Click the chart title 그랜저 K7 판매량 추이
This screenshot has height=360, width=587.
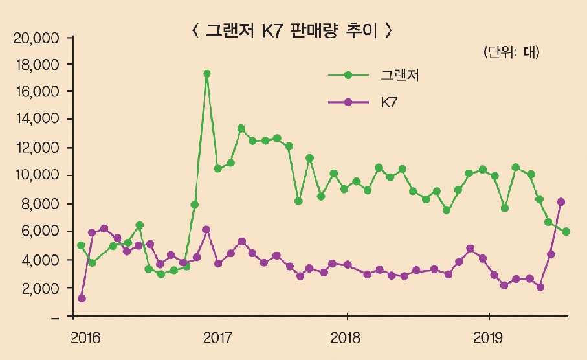point(293,30)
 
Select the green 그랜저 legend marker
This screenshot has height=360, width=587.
point(348,75)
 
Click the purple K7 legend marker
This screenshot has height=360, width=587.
point(348,102)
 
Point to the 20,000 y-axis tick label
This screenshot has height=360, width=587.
point(36,38)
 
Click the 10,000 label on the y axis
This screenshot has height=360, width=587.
point(36,175)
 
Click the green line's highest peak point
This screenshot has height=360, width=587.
point(206,74)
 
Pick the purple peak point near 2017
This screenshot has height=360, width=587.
point(206,229)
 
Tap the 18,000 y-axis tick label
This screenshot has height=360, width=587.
point(36,65)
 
